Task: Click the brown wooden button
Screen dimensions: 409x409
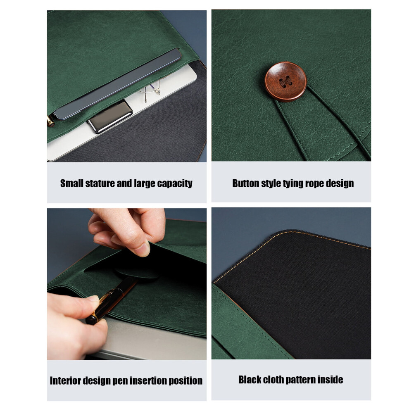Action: click(285, 82)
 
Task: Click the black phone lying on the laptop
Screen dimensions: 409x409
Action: click(110, 117)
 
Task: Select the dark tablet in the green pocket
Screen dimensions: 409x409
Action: click(117, 84)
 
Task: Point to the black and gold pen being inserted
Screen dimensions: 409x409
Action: click(111, 301)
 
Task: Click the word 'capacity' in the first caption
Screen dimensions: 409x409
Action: click(175, 183)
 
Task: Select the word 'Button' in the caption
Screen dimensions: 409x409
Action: click(245, 183)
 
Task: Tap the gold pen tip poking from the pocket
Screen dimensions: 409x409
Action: click(50, 121)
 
